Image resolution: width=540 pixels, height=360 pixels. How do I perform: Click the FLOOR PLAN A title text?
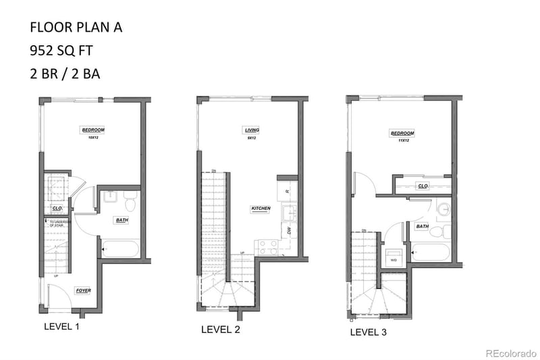point(76,28)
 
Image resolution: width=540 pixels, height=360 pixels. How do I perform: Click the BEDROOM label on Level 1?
point(92,130)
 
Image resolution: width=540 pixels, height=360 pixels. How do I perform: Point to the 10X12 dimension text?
point(92,138)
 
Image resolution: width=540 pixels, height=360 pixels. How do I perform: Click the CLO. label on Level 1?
point(57,209)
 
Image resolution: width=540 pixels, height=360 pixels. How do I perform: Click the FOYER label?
point(84,290)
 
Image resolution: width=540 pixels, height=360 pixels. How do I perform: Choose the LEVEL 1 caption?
point(61,326)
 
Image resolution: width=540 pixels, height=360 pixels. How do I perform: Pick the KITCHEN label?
point(261,209)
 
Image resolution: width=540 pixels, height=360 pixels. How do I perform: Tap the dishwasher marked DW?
point(288,230)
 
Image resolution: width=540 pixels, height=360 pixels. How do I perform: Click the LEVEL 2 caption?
point(221,330)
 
